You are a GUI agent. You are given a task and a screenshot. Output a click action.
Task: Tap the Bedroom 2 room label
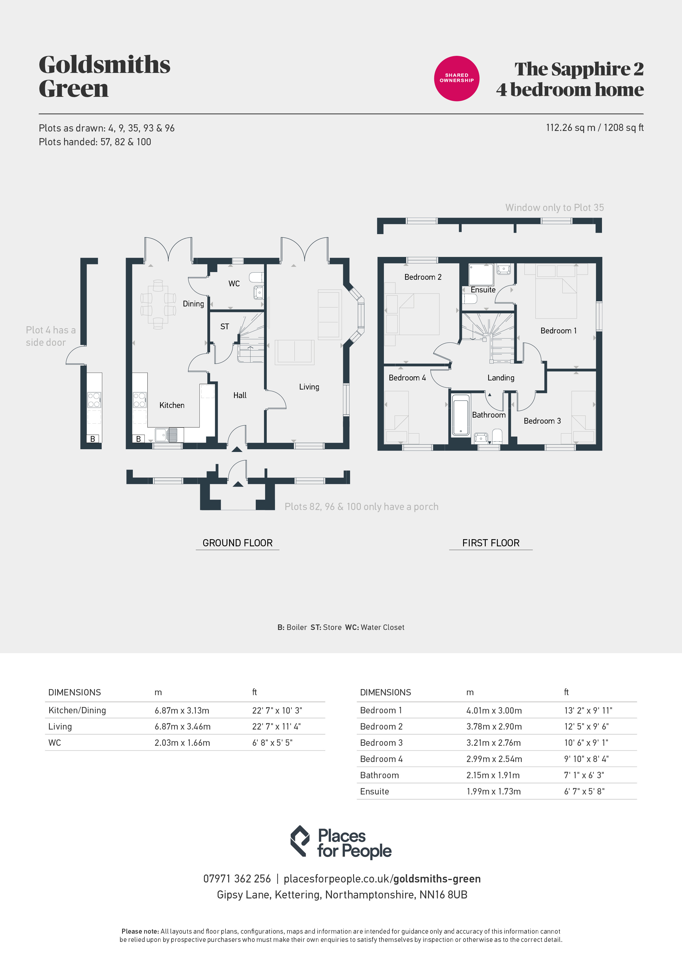(423, 277)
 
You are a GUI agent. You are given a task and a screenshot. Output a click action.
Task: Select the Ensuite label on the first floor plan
(483, 290)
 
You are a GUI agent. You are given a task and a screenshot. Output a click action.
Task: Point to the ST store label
(225, 327)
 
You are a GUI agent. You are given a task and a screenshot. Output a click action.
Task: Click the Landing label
(501, 378)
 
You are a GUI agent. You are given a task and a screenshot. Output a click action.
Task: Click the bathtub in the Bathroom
(461, 415)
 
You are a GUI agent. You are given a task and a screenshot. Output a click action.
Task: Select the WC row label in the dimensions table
(55, 743)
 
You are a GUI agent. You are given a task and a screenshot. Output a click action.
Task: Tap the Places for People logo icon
(300, 841)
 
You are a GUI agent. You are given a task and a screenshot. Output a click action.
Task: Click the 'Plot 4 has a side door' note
(50, 336)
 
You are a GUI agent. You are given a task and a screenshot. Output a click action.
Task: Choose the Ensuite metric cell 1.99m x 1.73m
(493, 791)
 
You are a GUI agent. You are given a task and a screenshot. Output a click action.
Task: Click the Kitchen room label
(172, 405)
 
